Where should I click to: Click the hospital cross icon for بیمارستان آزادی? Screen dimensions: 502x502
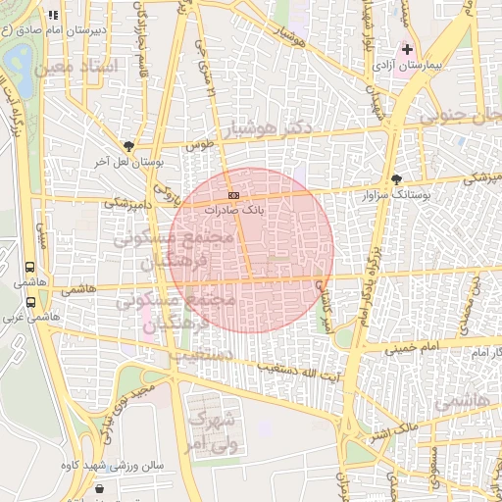pos(407,49)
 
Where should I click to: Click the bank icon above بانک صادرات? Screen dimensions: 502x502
pos(232,196)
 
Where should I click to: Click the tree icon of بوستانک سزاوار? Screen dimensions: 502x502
pos(396,179)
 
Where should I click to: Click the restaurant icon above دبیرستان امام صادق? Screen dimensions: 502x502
pos(52,15)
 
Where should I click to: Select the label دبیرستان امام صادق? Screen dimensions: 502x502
pos(61,30)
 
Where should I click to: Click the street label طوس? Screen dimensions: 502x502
pos(200,144)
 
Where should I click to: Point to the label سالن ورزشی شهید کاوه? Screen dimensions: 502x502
pos(112,465)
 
